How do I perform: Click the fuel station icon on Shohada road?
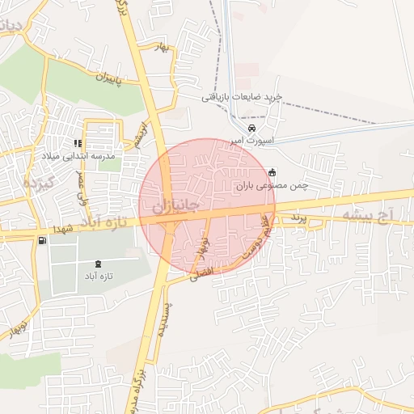(x=42, y=240)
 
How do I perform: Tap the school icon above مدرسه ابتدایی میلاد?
(x=78, y=143)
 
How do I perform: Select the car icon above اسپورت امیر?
(x=252, y=129)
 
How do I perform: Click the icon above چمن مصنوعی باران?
(x=271, y=172)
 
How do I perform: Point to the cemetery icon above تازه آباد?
(x=99, y=264)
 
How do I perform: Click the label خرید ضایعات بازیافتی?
(x=242, y=96)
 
